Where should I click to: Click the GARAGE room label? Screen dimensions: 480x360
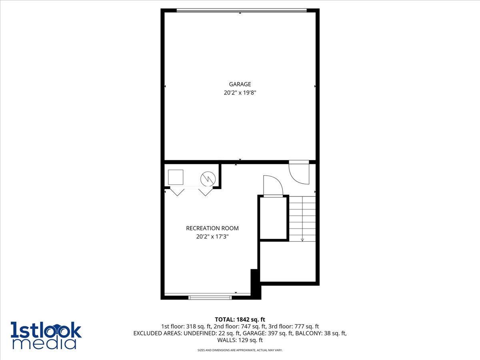(x=240, y=84)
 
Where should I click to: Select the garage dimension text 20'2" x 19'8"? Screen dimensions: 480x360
(x=240, y=93)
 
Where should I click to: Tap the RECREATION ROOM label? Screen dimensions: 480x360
(x=212, y=228)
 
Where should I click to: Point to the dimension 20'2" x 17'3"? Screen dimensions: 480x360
(x=212, y=236)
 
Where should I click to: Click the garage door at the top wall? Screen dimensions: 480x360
(x=242, y=10)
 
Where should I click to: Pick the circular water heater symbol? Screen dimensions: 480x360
(x=208, y=179)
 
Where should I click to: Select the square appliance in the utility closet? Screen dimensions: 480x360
(x=176, y=177)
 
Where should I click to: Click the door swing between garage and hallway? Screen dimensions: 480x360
(x=299, y=172)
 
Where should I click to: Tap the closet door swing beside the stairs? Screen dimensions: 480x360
(x=273, y=186)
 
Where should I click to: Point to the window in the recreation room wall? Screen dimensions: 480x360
(x=210, y=298)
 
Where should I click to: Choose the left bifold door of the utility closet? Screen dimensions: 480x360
(x=177, y=192)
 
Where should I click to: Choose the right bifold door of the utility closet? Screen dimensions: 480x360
(x=206, y=192)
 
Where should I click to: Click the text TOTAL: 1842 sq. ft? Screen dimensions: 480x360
(x=240, y=320)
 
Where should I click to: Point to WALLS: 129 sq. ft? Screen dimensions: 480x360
(x=240, y=340)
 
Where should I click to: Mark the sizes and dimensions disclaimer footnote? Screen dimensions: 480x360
(x=240, y=350)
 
